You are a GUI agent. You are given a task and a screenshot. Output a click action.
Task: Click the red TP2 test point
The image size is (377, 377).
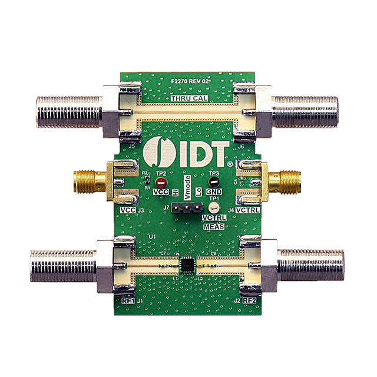[160, 183]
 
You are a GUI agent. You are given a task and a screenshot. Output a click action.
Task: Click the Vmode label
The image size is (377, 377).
[187, 188]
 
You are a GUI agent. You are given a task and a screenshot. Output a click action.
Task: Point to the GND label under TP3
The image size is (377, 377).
[214, 192]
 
